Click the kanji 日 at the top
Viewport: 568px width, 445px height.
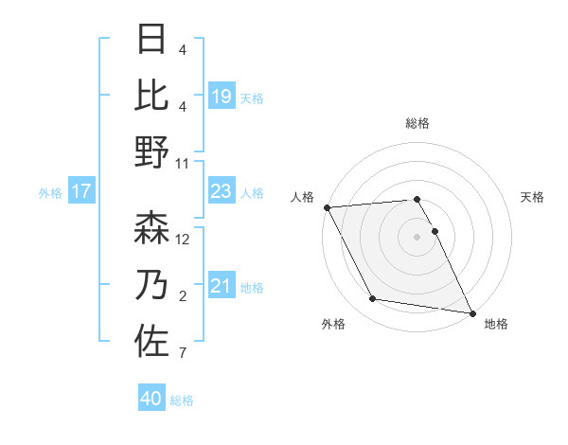tap(151, 40)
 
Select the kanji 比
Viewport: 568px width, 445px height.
tap(151, 95)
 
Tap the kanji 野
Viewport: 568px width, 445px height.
tap(151, 151)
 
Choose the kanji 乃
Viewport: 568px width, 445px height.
tap(151, 284)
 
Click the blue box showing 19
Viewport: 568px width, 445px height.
tap(221, 96)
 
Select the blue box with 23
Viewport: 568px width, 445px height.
tap(221, 191)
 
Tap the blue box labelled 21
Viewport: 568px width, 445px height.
tap(221, 286)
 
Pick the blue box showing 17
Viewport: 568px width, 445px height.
tap(81, 191)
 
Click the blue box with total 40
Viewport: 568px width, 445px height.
tap(151, 399)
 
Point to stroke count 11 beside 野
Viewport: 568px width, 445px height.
tap(183, 163)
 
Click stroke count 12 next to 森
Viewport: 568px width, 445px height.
tap(183, 240)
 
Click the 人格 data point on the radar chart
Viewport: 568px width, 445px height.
tap(327, 207)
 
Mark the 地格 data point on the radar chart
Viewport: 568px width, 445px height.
tap(471, 312)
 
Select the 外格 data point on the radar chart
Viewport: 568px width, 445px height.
tap(373, 299)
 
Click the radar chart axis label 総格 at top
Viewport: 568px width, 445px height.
tap(417, 123)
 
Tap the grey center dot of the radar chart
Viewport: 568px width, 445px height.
tap(417, 236)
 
